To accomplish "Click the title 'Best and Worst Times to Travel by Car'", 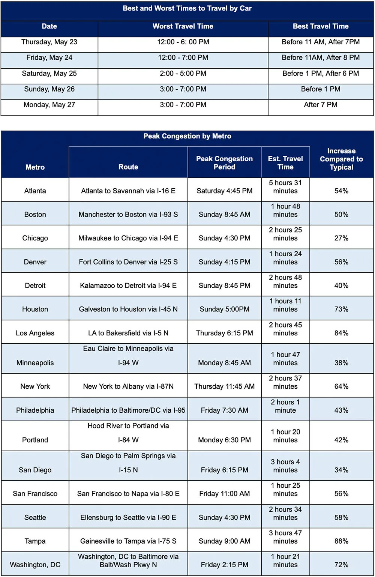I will [x=187, y=8].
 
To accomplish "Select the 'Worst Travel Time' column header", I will [x=183, y=26].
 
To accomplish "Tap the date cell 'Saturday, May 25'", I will [x=49, y=74].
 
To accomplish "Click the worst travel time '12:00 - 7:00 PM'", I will [x=183, y=58].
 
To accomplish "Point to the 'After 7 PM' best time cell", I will [x=321, y=105].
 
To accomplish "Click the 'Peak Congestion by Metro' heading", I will [x=187, y=136].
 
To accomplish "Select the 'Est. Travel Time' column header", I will [x=285, y=163].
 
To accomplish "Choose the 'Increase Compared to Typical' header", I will [x=341, y=159].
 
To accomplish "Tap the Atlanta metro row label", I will [x=35, y=191].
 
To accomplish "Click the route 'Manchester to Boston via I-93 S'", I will [x=128, y=215].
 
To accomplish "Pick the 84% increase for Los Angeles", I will [x=341, y=333].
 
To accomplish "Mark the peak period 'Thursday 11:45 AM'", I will [x=224, y=386].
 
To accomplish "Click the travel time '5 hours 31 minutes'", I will [x=285, y=187].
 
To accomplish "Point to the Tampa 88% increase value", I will [x=341, y=541].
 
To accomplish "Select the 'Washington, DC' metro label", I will [x=35, y=565].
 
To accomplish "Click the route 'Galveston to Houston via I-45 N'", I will [x=128, y=309].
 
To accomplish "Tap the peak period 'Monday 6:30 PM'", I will [x=224, y=440].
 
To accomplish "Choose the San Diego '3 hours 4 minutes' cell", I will [x=285, y=466].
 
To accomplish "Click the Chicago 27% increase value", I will [x=341, y=238].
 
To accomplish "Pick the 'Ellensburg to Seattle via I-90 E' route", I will [x=128, y=517].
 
